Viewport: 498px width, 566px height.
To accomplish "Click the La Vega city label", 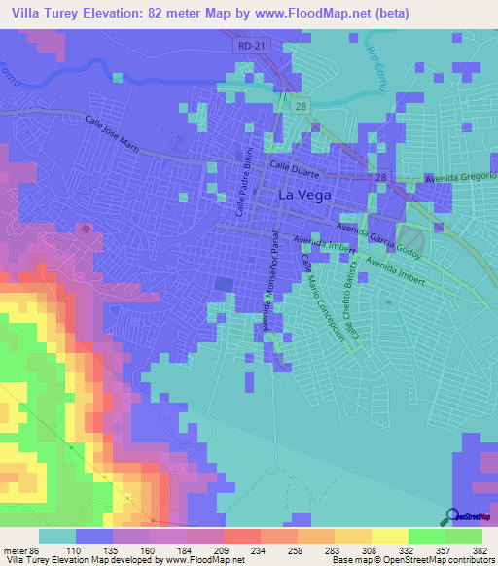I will click(x=304, y=195).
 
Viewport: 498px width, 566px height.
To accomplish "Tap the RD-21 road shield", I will click(x=251, y=46).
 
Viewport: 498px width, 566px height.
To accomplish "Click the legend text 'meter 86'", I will click(x=21, y=549).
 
